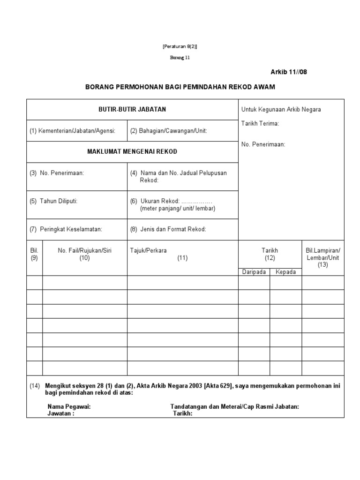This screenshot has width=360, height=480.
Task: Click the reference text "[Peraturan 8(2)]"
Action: [180, 46]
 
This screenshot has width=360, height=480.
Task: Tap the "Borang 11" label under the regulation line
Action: [180, 58]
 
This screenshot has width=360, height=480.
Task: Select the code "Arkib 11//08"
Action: [289, 72]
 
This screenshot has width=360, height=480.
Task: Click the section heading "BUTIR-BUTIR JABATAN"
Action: [132, 109]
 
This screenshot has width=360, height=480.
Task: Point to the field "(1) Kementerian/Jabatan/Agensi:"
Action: [72, 131]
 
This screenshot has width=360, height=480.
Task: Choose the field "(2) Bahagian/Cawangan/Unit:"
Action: [168, 131]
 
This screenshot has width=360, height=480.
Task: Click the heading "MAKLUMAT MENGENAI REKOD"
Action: [132, 152]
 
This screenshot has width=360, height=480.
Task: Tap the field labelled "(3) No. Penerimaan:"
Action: [57, 173]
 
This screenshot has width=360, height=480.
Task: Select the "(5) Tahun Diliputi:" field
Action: [53, 201]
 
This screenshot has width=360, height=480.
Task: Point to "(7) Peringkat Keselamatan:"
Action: [66, 229]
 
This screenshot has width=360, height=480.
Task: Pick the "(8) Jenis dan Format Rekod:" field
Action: [168, 229]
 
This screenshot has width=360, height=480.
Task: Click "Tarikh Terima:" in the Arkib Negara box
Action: [260, 124]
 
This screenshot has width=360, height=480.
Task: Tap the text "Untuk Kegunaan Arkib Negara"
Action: [281, 109]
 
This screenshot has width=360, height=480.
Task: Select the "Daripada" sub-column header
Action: [254, 272]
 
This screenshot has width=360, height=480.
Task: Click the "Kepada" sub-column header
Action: [285, 272]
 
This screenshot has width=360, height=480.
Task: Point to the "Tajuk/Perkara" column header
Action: [148, 250]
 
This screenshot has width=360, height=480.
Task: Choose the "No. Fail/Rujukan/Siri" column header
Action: [85, 250]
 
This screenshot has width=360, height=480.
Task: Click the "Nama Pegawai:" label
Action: [69, 407]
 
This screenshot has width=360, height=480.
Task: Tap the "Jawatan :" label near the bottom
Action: [60, 414]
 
